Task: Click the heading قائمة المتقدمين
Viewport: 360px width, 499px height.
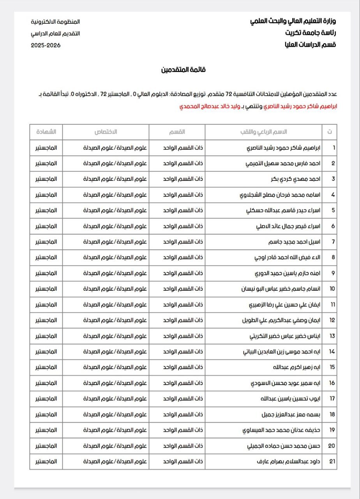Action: coord(184,70)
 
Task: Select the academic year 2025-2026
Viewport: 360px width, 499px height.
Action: coord(46,45)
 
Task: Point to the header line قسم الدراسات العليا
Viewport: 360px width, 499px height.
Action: coord(310,45)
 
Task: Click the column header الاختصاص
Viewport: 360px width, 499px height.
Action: coord(106,132)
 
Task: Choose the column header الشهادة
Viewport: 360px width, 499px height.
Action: coord(46,132)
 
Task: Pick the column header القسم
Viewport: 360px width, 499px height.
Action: coord(177,132)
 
